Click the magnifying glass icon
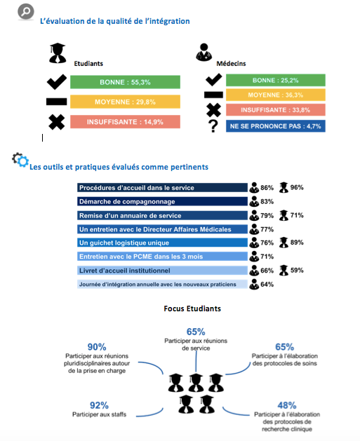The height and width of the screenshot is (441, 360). (x=26, y=11)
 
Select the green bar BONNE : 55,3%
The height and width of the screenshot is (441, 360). (x=125, y=82)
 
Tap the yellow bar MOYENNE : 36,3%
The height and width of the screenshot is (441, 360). (x=276, y=95)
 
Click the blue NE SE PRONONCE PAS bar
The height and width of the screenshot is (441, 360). (x=276, y=126)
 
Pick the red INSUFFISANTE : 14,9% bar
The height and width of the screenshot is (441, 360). (x=125, y=122)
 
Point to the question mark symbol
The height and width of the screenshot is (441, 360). (x=213, y=126)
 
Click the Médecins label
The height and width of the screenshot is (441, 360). (x=231, y=64)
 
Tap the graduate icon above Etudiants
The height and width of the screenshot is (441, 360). (x=58, y=53)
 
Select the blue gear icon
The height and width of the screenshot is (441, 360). (x=22, y=161)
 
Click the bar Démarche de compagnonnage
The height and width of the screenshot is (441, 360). (x=162, y=201)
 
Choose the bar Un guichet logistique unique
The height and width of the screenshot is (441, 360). (x=162, y=243)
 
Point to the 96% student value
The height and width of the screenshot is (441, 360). (x=297, y=187)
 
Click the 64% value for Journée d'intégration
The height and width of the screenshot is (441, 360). (x=267, y=285)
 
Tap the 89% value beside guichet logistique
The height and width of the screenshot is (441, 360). (x=297, y=243)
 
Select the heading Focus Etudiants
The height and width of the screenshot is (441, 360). (x=192, y=308)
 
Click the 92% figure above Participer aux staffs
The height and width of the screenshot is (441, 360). (x=99, y=405)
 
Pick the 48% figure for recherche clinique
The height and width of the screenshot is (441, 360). (x=287, y=405)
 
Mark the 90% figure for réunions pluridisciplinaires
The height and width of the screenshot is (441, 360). (x=97, y=347)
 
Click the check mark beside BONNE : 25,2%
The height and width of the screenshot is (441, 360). (x=213, y=80)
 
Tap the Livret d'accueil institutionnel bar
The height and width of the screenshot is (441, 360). (x=162, y=271)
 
